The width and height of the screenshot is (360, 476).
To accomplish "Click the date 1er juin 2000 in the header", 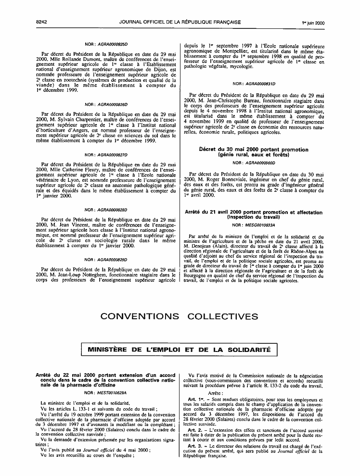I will point(313,9).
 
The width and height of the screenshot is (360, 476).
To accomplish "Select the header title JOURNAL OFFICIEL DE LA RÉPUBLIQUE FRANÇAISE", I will point(180,9).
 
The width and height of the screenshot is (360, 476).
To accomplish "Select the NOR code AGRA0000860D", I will point(260,163).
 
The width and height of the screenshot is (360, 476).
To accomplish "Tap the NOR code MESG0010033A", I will point(260,225).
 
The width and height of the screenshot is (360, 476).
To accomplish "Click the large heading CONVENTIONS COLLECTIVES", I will point(180,316).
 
